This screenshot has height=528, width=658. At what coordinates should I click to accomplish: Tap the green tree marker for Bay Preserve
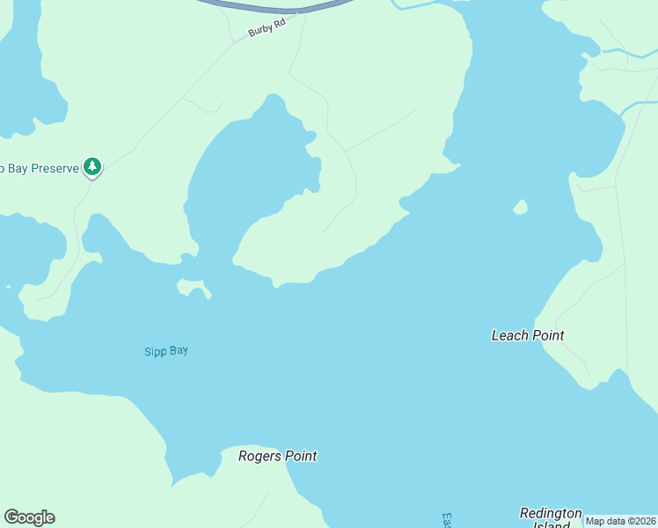pos(92,166)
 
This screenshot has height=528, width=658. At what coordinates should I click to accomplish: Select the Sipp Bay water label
pos(166,351)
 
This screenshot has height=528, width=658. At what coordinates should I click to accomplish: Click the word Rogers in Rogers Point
pos(260,456)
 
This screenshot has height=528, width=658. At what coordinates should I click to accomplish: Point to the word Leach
pos(509,335)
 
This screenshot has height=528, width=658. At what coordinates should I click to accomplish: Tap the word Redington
pos(551,513)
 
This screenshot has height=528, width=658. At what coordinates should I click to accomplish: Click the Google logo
pos(29,517)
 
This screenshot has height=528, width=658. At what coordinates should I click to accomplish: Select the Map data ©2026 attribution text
pos(620,521)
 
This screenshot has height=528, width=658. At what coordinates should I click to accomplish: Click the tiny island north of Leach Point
pos(520,208)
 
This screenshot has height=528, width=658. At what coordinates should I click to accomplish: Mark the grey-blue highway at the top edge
pos(273,7)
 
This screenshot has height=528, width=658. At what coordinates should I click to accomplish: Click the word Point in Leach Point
pos(548,335)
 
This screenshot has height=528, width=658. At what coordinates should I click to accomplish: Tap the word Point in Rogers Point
pos(301,456)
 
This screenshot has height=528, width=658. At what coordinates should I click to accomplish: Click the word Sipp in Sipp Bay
pos(155,352)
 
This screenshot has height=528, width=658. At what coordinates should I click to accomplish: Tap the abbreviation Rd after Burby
pos(281,27)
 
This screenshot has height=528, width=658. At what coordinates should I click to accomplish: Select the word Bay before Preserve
pos(17,167)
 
